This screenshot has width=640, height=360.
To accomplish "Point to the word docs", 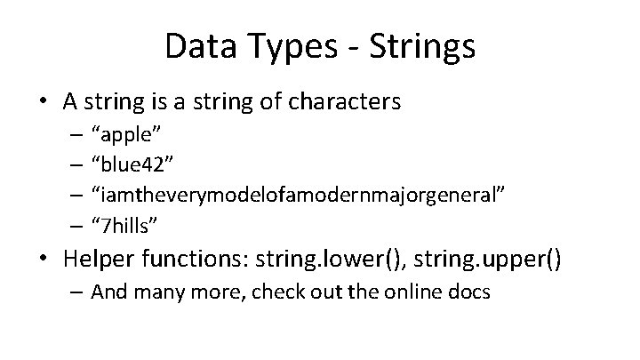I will (x=470, y=292).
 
